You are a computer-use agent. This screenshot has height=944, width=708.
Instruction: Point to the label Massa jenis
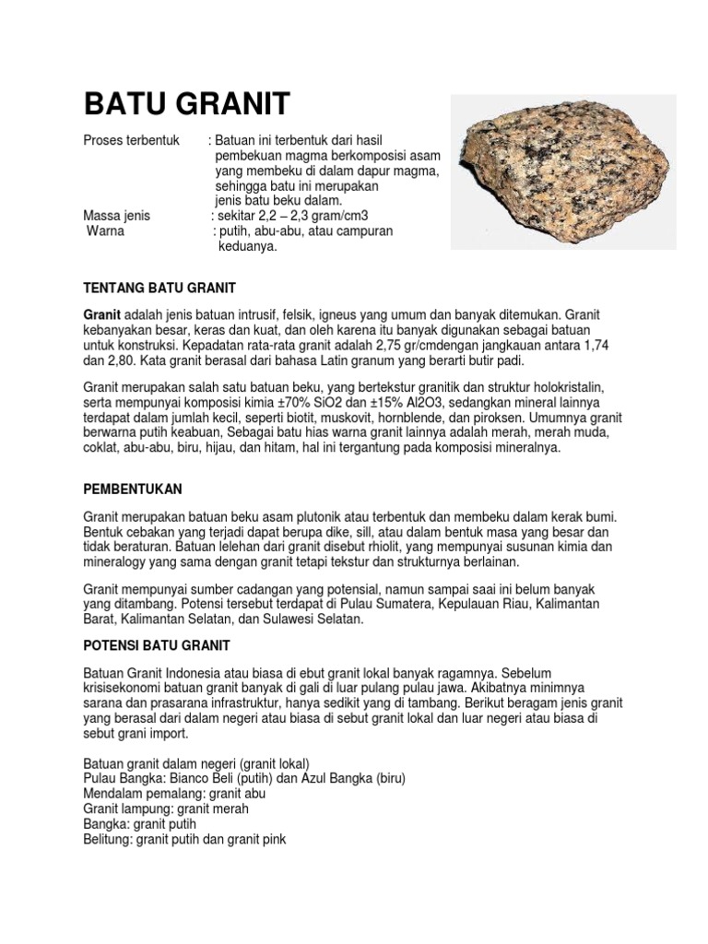[117, 216]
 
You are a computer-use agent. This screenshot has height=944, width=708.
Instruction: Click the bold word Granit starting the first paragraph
[102, 314]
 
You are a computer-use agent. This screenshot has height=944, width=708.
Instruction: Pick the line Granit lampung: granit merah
[167, 808]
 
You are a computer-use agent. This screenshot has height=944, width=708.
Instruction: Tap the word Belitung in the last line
[108, 839]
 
